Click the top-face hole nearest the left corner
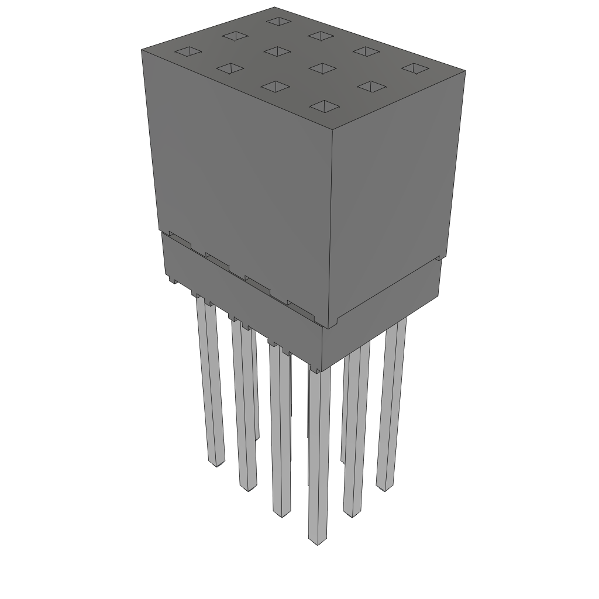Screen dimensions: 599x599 (x=188, y=51)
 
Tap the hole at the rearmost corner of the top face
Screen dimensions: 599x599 (x=278, y=22)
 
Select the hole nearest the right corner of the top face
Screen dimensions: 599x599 (x=415, y=68)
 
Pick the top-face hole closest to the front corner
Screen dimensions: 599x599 (x=325, y=106)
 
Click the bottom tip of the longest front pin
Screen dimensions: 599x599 (x=317, y=541)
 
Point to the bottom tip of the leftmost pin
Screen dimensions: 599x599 (x=216, y=463)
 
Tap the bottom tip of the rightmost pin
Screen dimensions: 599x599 (x=384, y=487)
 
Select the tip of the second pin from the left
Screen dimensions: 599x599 (x=248, y=487)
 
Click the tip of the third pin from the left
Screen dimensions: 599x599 (x=282, y=514)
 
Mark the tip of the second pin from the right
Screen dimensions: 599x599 (x=352, y=514)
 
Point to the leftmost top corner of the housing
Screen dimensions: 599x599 (x=142, y=50)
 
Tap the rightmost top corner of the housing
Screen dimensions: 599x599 (x=465, y=71)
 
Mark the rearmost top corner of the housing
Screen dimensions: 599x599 (x=275, y=8)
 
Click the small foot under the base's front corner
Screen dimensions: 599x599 (x=316, y=369)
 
